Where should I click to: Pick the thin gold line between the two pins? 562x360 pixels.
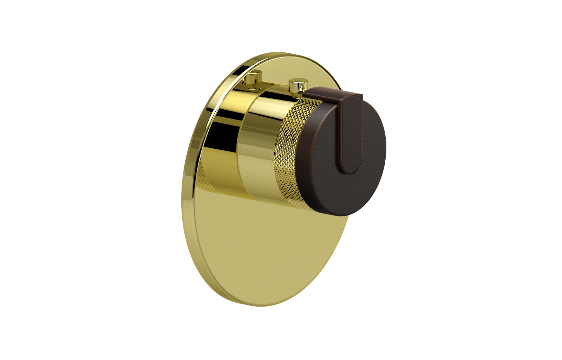point(276,84)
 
